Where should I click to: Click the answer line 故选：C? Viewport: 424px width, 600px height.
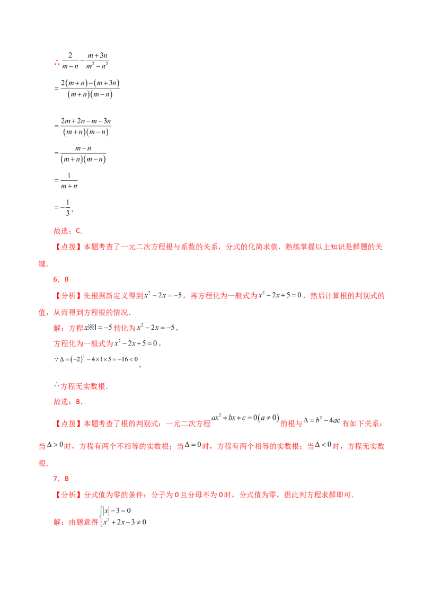[x=68, y=231]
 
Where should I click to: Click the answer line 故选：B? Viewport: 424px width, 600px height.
[x=68, y=402]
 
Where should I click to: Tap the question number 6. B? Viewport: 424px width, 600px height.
[x=61, y=279]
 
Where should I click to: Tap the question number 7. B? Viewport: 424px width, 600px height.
[x=61, y=479]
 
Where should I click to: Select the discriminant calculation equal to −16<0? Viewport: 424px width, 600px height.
[x=96, y=359]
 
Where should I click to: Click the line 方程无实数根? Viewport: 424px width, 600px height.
[x=81, y=386]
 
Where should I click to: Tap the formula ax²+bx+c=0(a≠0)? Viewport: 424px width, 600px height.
[x=245, y=418]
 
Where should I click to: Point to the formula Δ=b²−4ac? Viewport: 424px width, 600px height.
[x=322, y=420]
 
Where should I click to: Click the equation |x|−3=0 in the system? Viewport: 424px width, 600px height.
[x=117, y=510]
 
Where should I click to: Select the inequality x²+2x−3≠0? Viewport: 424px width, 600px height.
[x=125, y=522]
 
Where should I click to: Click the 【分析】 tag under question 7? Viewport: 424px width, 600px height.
[x=68, y=495]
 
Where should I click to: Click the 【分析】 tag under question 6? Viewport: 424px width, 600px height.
[x=68, y=295]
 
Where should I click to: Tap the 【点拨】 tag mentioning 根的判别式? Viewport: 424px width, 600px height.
[x=68, y=423]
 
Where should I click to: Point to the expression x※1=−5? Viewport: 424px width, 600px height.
[x=98, y=328]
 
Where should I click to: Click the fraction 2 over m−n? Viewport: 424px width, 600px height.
[x=70, y=60]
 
